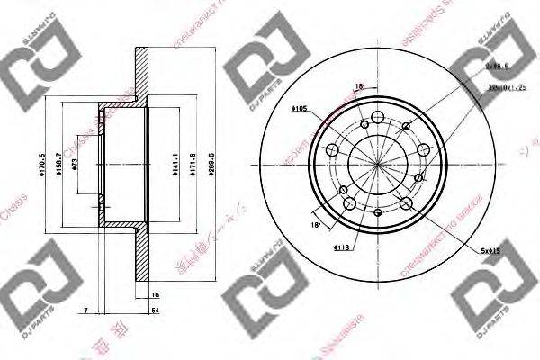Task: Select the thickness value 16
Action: pos(156,294)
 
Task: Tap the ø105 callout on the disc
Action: pos(300,109)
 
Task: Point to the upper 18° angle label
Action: pos(361,86)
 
